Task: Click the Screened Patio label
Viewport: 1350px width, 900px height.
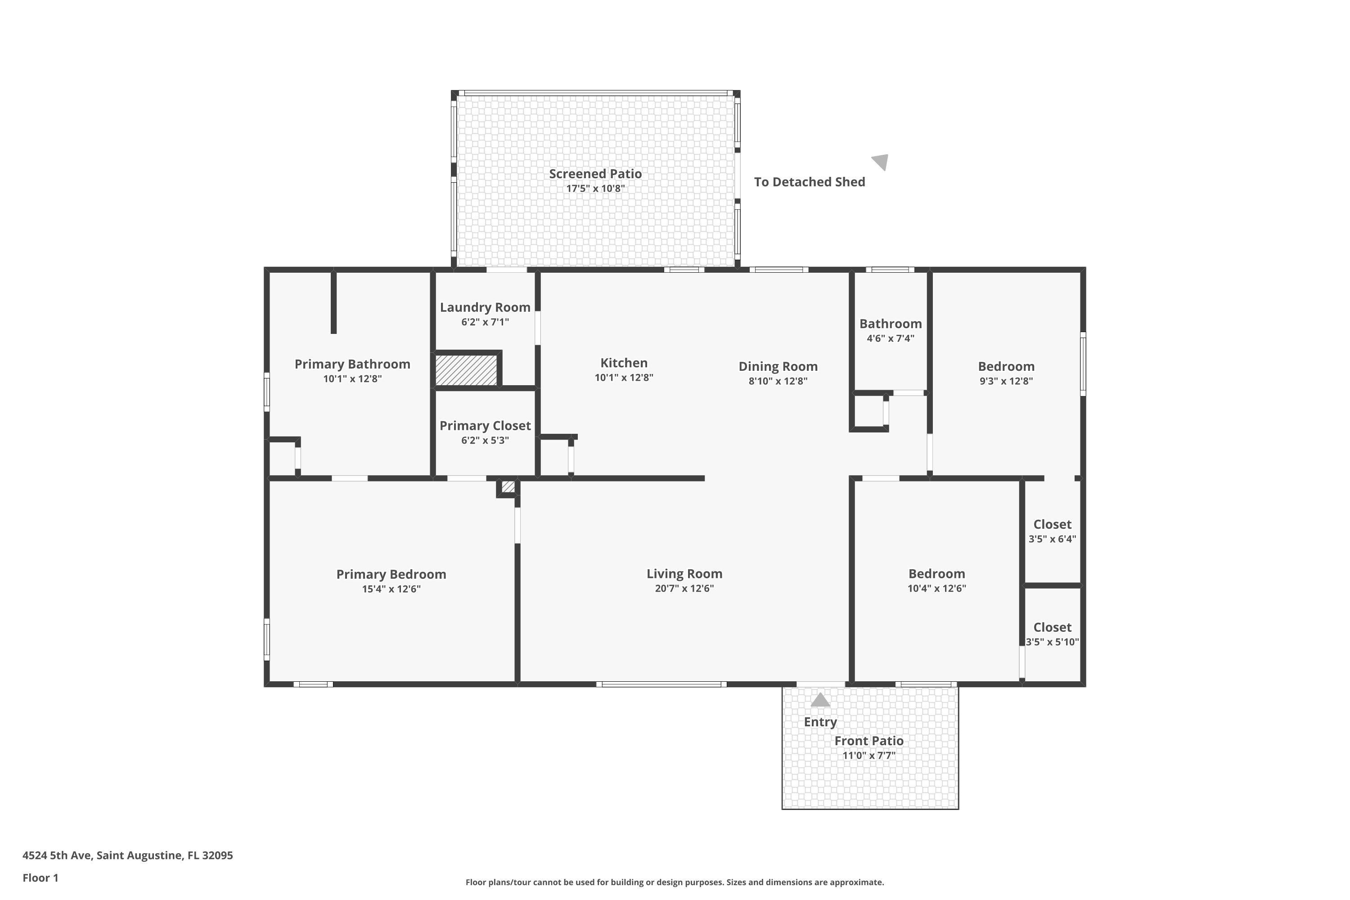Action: point(595,174)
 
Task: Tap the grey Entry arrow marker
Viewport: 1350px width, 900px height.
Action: point(820,700)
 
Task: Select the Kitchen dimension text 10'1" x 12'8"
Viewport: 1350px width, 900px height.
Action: point(624,378)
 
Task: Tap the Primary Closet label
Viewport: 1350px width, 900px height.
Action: point(485,426)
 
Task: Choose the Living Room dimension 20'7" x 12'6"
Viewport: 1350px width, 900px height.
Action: point(684,588)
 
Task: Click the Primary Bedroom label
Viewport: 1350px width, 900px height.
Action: point(391,575)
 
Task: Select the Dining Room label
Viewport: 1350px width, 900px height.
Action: point(778,367)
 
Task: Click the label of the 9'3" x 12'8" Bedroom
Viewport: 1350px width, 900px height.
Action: point(1006,367)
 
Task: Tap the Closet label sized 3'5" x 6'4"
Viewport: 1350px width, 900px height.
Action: point(1052,525)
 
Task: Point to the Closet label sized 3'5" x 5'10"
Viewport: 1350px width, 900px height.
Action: point(1052,628)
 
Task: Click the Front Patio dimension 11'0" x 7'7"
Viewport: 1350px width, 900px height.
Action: point(869,756)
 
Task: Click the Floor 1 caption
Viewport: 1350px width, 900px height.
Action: point(40,877)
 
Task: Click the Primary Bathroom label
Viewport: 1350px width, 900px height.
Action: point(352,364)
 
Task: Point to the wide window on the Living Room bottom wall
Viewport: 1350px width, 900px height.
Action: point(661,684)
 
